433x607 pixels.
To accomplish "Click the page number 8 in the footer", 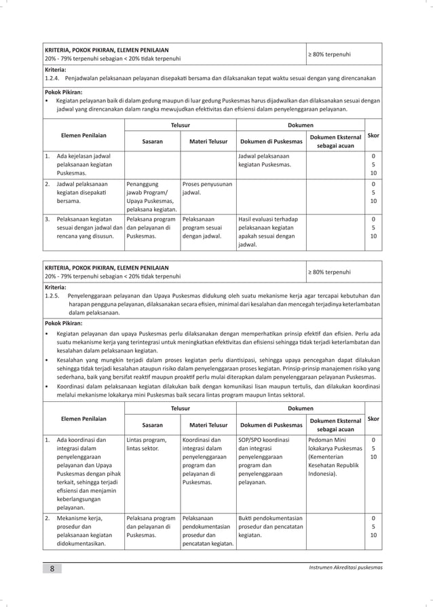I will point(52,568).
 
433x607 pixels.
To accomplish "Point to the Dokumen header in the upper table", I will point(300,125).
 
